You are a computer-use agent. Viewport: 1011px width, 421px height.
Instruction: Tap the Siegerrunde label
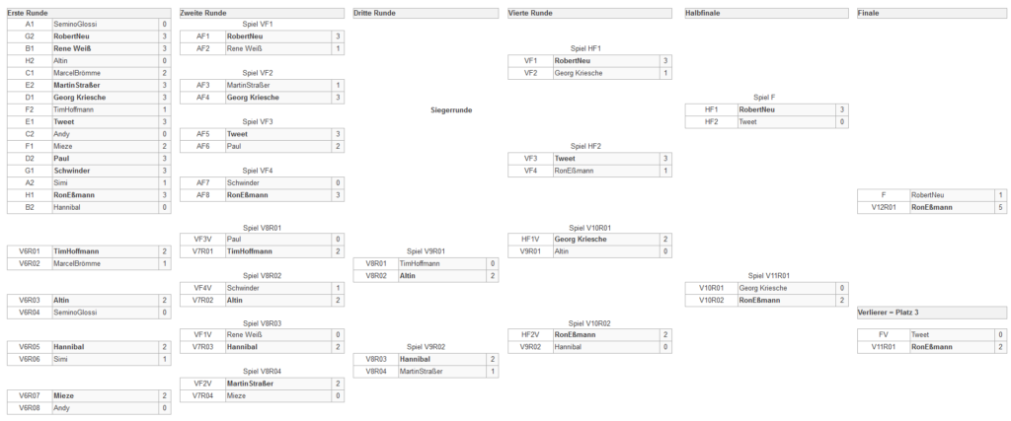pos(451,110)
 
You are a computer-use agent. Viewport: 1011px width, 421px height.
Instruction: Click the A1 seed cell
pos(30,25)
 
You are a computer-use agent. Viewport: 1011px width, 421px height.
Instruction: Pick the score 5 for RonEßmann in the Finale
pos(1000,207)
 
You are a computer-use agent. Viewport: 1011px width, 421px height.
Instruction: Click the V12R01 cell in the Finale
pos(884,207)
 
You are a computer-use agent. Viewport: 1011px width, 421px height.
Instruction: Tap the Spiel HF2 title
pos(586,146)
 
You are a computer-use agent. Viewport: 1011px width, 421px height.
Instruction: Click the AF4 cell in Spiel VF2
pos(202,98)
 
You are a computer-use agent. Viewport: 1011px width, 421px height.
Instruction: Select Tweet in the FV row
pos(920,335)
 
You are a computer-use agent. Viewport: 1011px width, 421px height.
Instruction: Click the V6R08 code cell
pos(30,408)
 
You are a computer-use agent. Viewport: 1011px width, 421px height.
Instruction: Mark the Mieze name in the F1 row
pos(63,147)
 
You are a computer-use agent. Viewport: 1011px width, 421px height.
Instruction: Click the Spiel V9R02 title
pos(426,347)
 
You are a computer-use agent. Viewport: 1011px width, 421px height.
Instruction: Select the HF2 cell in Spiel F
pos(711,121)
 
